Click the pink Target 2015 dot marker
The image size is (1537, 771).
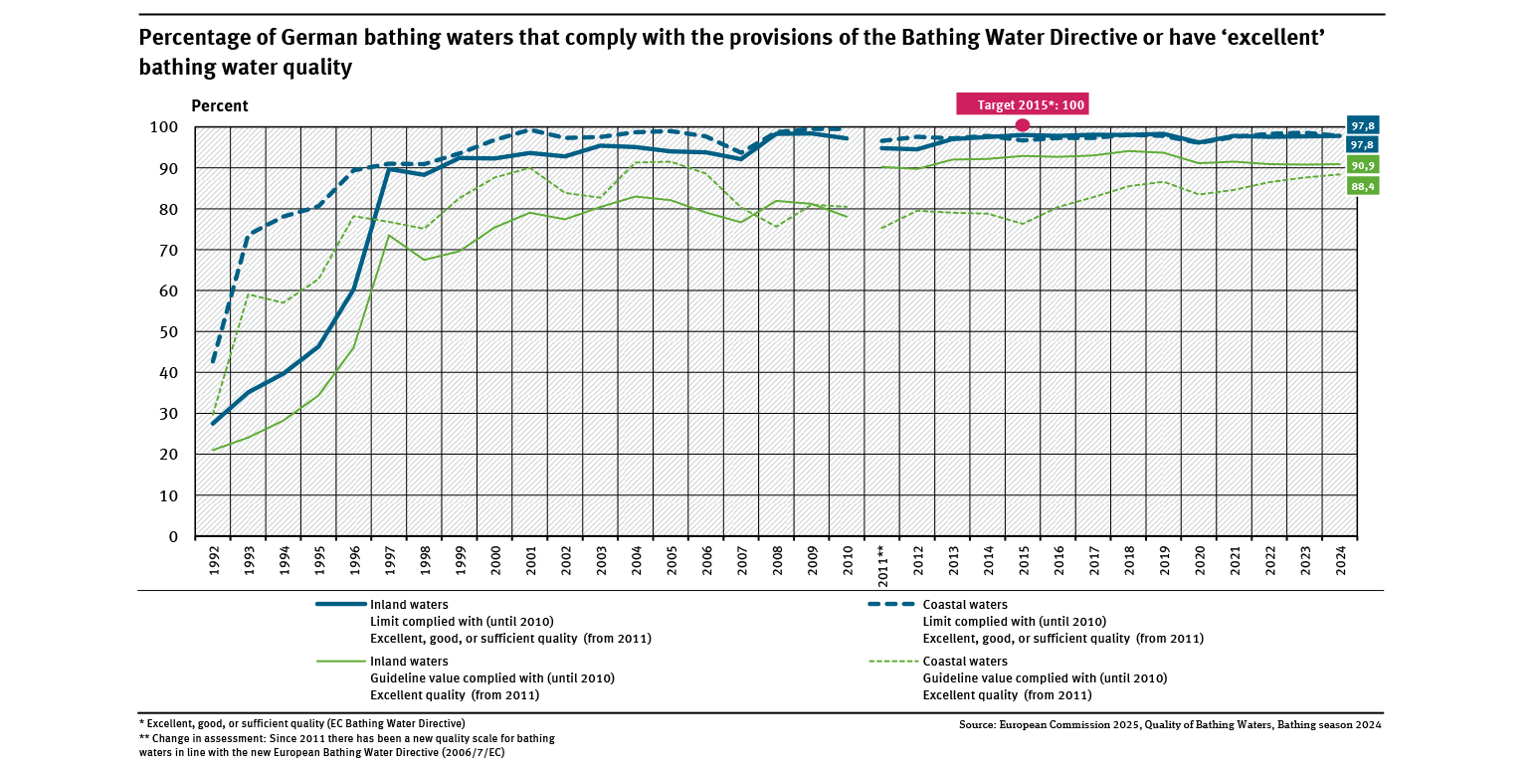pos(1022,124)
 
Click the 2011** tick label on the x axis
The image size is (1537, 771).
pos(881,557)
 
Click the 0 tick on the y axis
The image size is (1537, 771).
pos(173,537)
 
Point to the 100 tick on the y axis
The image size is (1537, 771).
pos(164,127)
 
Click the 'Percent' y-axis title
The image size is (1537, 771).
pos(219,106)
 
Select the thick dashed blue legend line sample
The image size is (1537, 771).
pos(891,604)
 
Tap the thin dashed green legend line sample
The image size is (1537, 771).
pos(891,661)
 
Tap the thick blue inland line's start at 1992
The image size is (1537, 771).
pos(214,424)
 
